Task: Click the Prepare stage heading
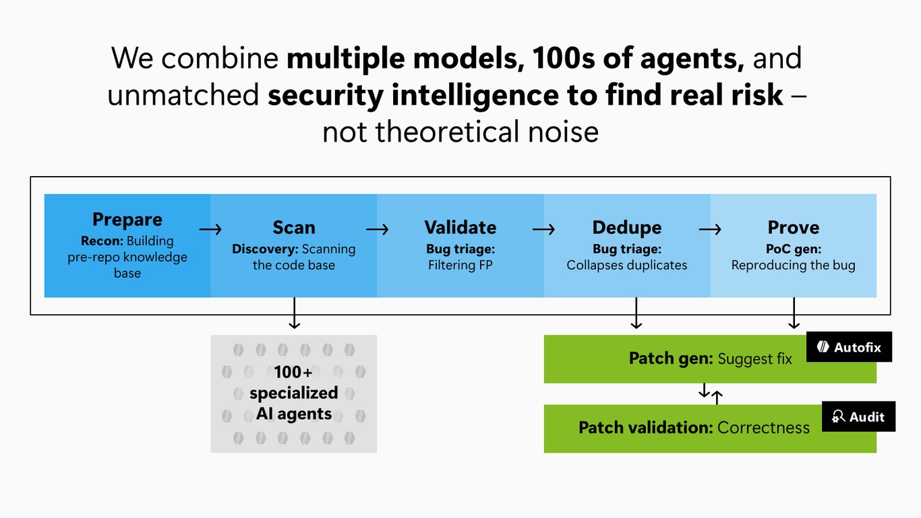[x=127, y=220]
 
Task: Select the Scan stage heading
[x=294, y=227]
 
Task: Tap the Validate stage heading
[x=460, y=227]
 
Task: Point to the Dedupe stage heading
[x=627, y=227]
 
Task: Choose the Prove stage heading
[x=794, y=227]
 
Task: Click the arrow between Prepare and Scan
[x=210, y=229]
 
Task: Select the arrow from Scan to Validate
[x=377, y=229]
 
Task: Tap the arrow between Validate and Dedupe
[x=543, y=229]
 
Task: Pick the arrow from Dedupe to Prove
[x=710, y=229]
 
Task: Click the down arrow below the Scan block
[x=295, y=313]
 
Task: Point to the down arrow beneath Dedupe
[x=636, y=313]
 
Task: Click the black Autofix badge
[x=849, y=347]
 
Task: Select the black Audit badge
[x=858, y=416]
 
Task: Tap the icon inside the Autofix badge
[x=823, y=347]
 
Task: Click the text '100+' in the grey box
[x=293, y=372]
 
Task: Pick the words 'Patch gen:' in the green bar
[x=671, y=359]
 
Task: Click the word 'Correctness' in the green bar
[x=763, y=428]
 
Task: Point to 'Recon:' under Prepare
[x=102, y=241]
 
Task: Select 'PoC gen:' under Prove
[x=794, y=249]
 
